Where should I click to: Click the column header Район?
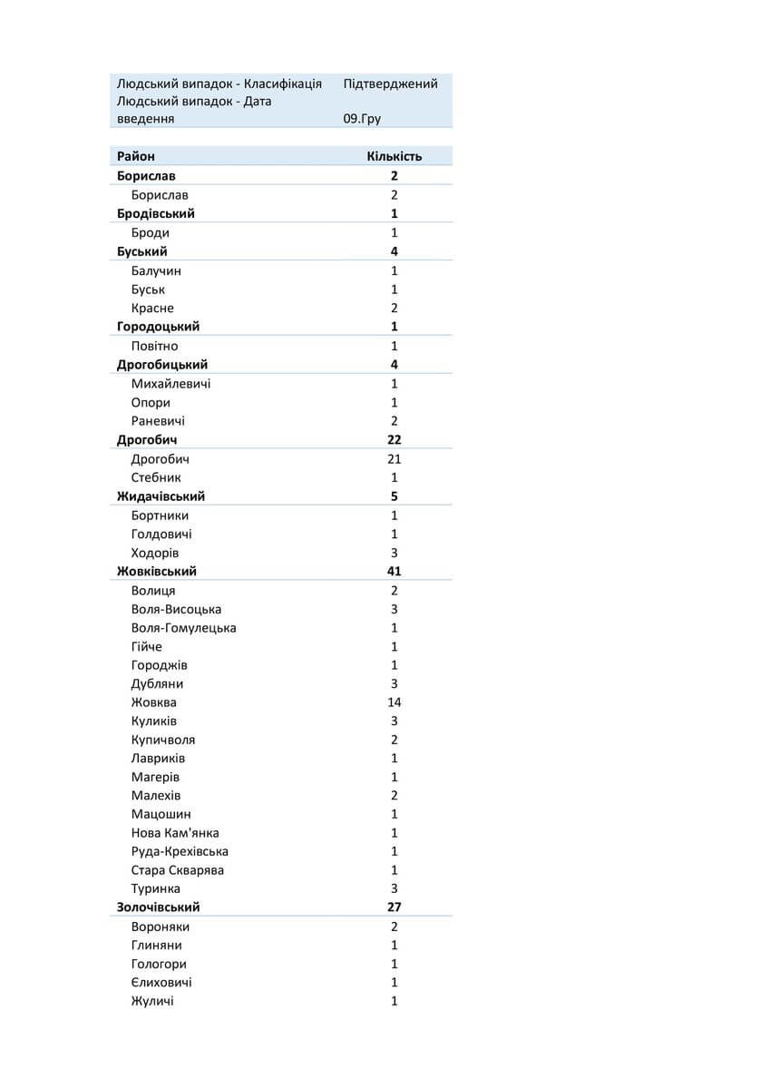pyautogui.click(x=136, y=156)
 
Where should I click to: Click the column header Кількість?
pyautogui.click(x=394, y=156)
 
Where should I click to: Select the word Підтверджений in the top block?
pyautogui.click(x=390, y=83)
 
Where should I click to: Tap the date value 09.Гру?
pyautogui.click(x=362, y=118)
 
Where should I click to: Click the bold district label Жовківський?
pyautogui.click(x=157, y=571)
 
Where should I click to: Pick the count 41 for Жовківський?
pyautogui.click(x=394, y=571)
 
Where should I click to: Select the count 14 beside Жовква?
pyautogui.click(x=394, y=701)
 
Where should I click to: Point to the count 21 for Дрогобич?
pyautogui.click(x=394, y=458)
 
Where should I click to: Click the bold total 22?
pyautogui.click(x=394, y=440)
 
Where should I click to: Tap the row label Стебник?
pyautogui.click(x=156, y=477)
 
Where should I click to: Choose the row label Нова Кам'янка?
pyautogui.click(x=175, y=832)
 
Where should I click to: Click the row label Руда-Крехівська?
pyautogui.click(x=180, y=851)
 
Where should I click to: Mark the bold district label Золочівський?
pyautogui.click(x=159, y=907)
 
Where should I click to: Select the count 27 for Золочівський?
pyautogui.click(x=394, y=907)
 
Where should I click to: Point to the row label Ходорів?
pyautogui.click(x=155, y=553)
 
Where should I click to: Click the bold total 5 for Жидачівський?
pyautogui.click(x=394, y=496)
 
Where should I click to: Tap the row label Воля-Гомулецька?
pyautogui.click(x=183, y=627)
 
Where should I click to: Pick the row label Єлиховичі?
pyautogui.click(x=161, y=982)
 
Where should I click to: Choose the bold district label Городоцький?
pyautogui.click(x=158, y=326)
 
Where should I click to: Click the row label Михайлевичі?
pyautogui.click(x=171, y=383)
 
